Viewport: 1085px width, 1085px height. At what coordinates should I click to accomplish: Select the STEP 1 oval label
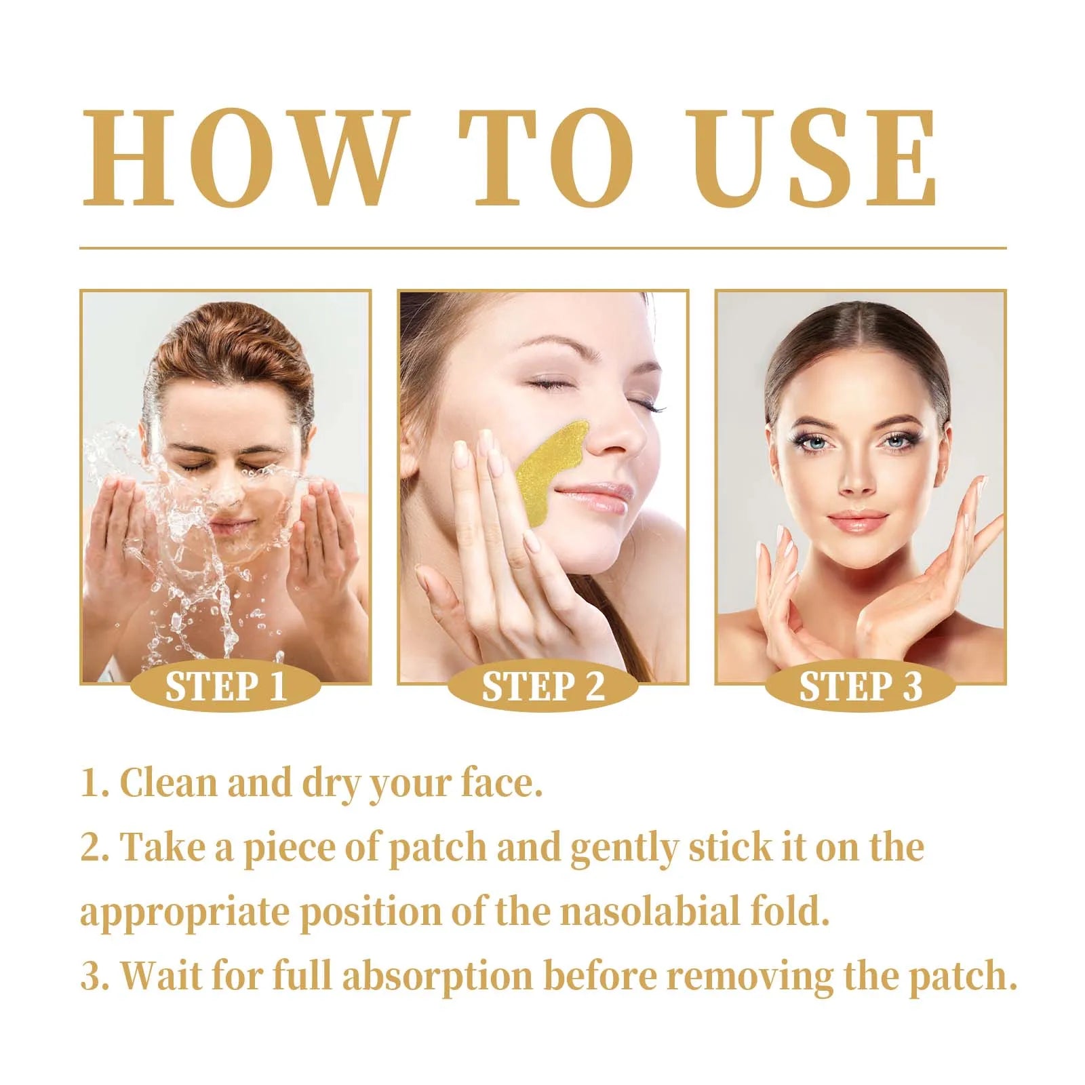click(226, 686)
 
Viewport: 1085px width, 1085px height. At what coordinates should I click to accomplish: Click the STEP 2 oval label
click(542, 686)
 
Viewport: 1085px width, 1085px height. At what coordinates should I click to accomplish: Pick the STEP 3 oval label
click(860, 686)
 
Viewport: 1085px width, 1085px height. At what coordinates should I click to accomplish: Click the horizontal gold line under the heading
click(542, 248)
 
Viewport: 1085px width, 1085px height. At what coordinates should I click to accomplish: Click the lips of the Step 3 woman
click(857, 522)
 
